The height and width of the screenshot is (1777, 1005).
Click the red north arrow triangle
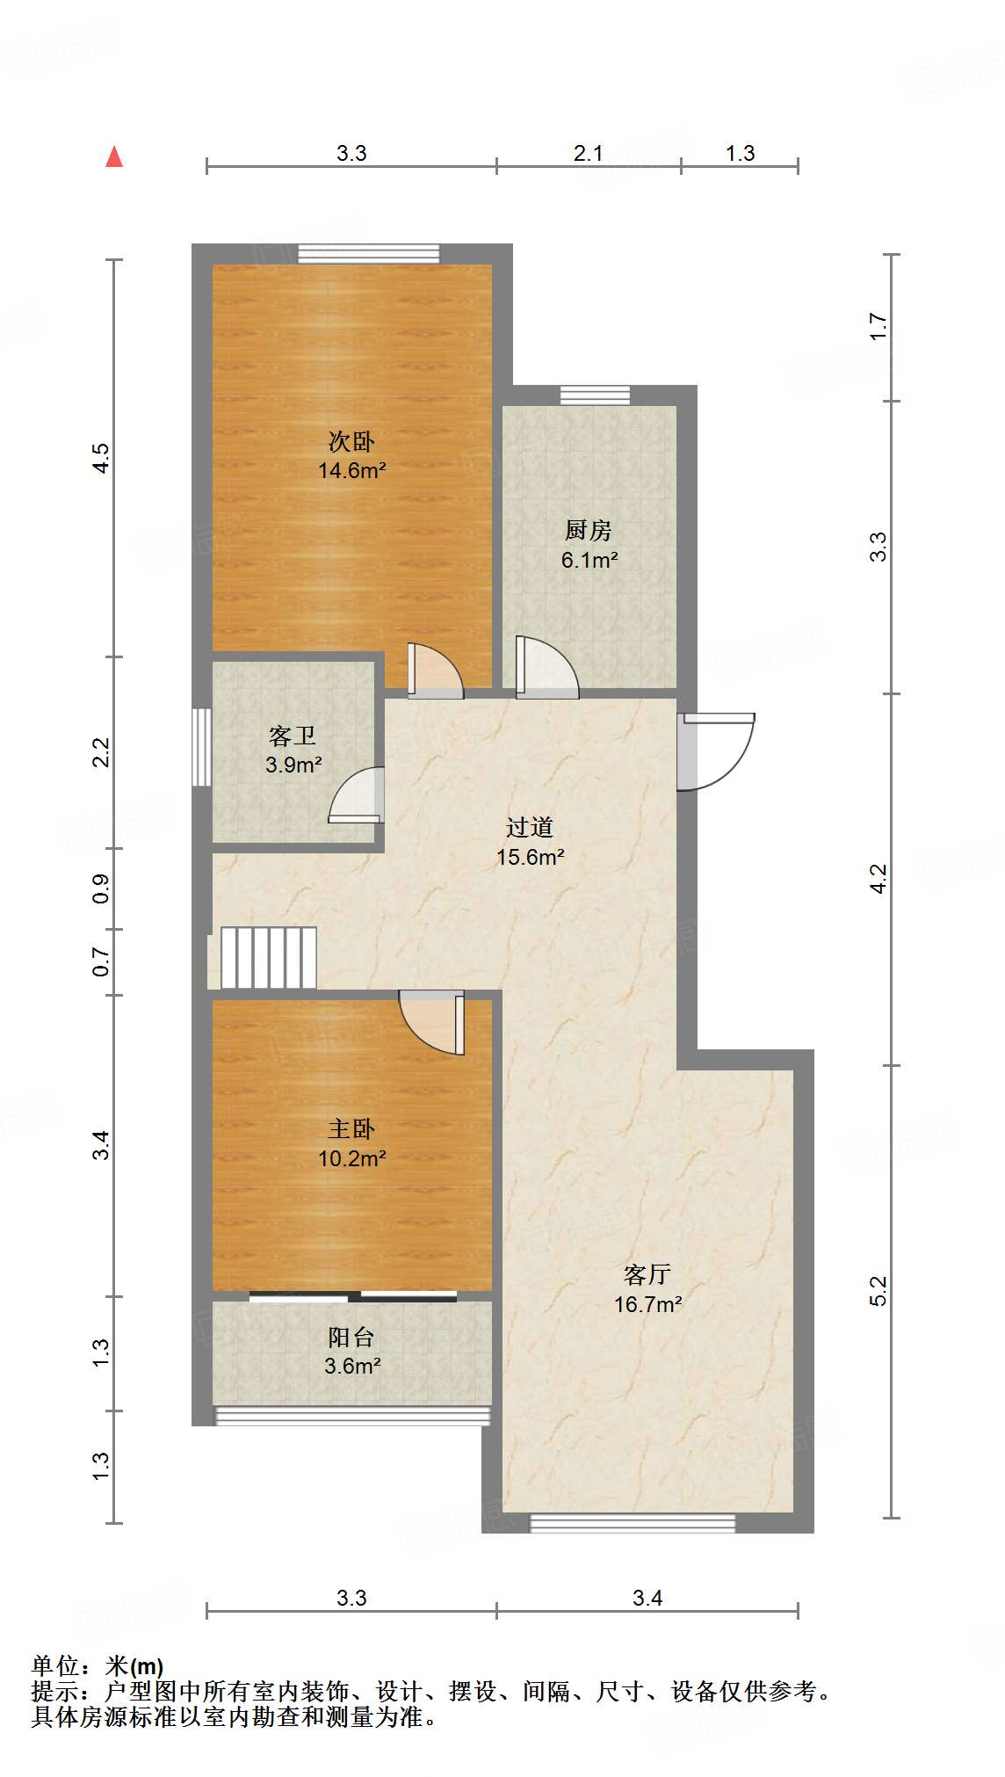tap(114, 156)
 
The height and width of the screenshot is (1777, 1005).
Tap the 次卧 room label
tap(351, 441)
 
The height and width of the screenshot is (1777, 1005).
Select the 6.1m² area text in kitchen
tap(589, 560)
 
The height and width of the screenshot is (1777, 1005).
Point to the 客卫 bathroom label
tap(293, 735)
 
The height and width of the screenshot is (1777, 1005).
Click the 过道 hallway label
tap(530, 827)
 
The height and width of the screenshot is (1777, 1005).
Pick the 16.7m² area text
tap(648, 1304)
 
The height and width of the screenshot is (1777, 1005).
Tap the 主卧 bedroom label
tap(351, 1128)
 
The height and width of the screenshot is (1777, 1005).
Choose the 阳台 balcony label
tap(351, 1337)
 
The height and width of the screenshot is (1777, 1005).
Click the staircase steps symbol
tap(268, 958)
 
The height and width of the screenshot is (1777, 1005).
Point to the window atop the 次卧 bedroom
tap(368, 254)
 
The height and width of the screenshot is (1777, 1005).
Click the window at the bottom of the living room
tap(633, 1523)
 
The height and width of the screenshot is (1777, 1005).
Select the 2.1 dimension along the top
tap(589, 154)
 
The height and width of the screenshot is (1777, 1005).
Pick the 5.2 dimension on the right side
tap(878, 1290)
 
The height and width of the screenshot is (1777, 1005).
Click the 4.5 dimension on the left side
tap(102, 459)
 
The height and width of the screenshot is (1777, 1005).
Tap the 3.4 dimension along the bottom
tap(647, 1598)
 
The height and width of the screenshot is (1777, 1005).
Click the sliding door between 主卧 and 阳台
tap(353, 1295)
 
